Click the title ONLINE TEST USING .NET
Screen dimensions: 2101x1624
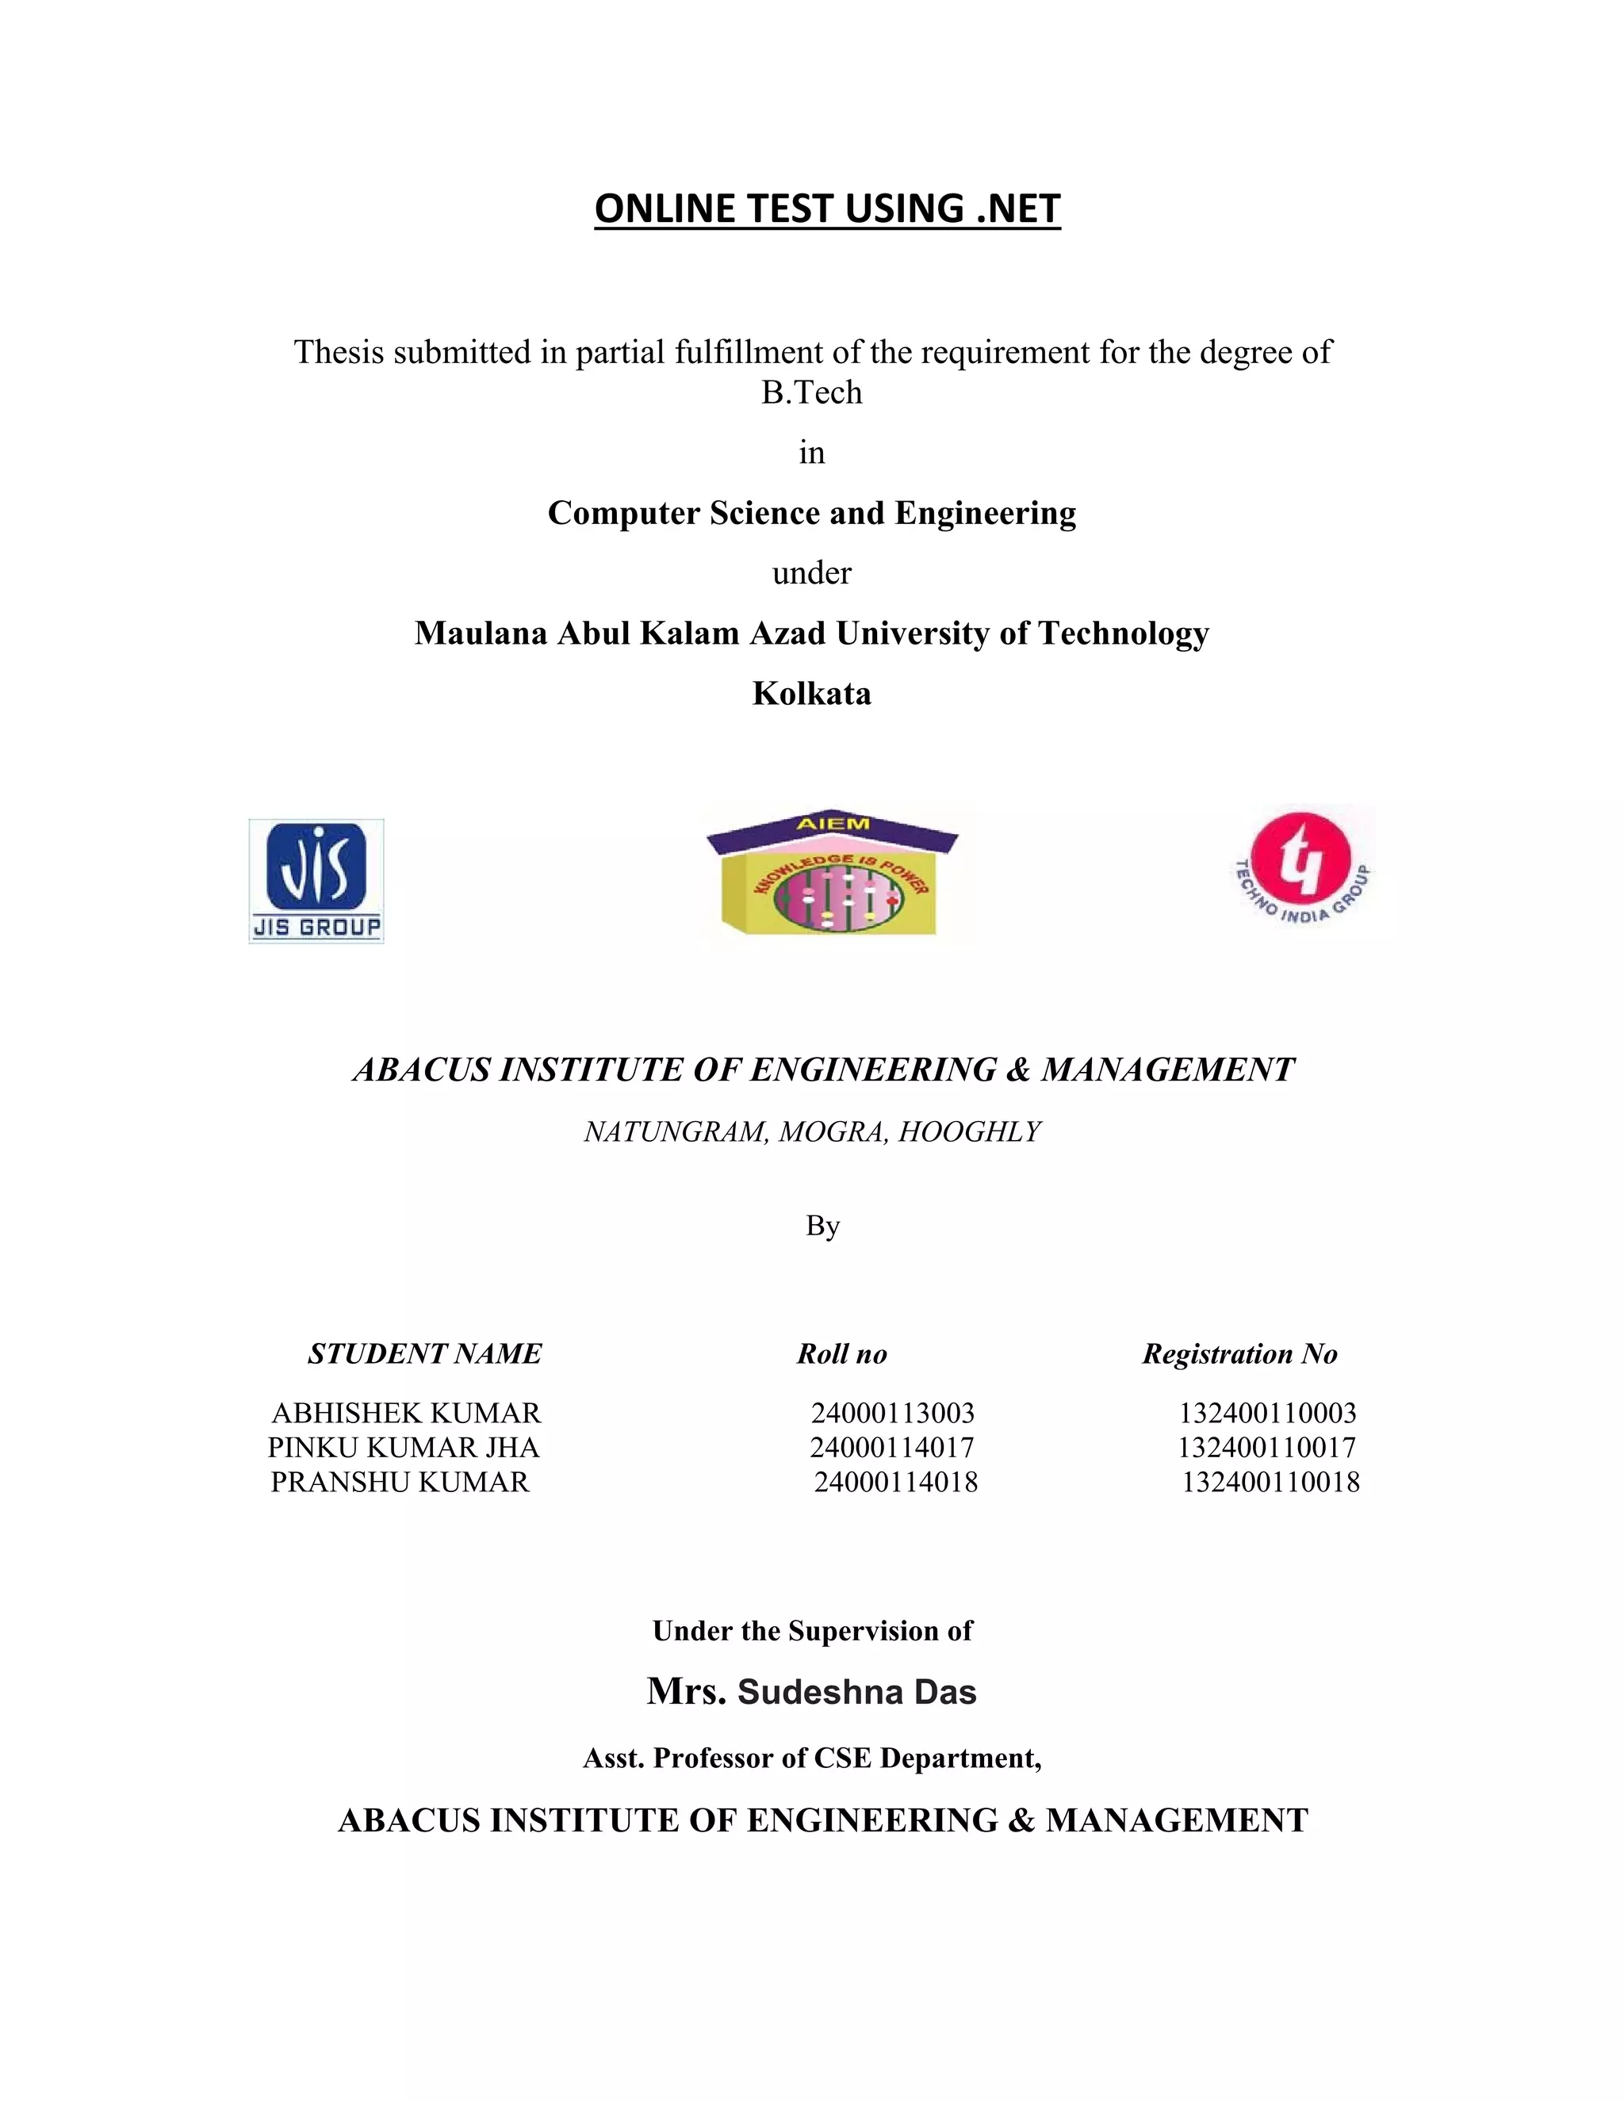coord(827,209)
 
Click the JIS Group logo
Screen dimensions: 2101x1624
coord(316,880)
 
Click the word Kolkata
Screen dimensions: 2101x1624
coord(812,694)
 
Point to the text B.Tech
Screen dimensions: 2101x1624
coord(812,392)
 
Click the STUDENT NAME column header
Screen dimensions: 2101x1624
coord(424,1354)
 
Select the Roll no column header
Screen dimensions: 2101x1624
coord(842,1354)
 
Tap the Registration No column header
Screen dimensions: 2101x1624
coord(1240,1354)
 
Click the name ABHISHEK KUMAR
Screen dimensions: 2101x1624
coord(406,1413)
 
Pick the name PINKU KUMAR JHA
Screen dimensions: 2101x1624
coord(403,1448)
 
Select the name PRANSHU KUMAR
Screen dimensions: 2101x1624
coord(400,1483)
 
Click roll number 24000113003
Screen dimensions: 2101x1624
coord(893,1413)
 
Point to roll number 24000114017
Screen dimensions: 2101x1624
coord(892,1448)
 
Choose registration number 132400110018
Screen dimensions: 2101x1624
coord(1271,1483)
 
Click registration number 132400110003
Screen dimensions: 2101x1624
coord(1268,1413)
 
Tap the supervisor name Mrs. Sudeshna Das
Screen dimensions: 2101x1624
coord(812,1692)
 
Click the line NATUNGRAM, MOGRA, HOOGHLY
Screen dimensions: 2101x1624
coord(812,1132)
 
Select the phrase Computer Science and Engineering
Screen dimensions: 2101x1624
coord(812,514)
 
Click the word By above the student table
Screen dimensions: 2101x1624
coord(822,1227)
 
